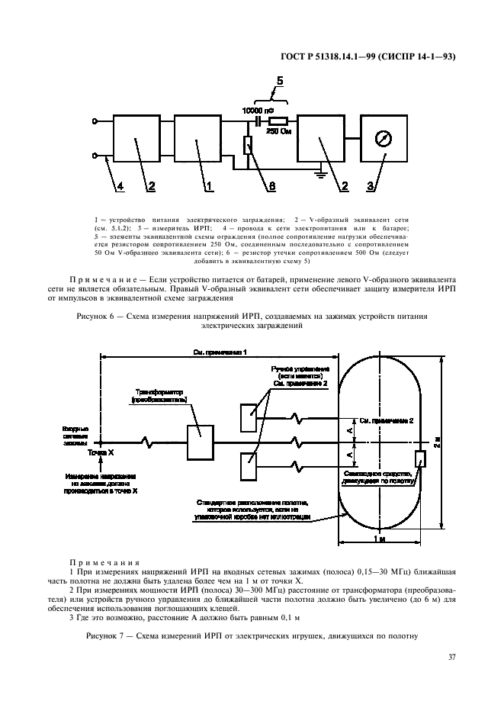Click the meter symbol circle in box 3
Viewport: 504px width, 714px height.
coord(385,140)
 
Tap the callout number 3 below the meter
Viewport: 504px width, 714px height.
coord(372,185)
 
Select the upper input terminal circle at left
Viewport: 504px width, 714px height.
coord(95,121)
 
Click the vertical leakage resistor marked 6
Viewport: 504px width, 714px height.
coord(248,144)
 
